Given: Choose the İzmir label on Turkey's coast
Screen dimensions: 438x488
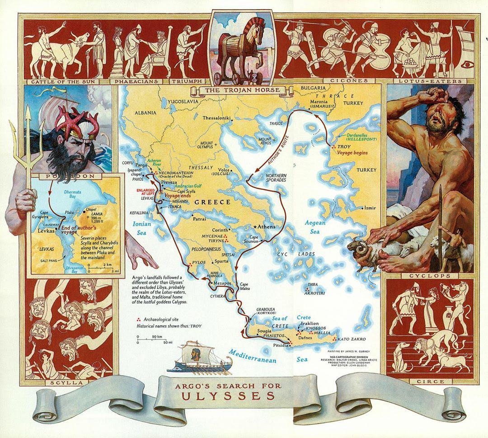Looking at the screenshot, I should point(371,208).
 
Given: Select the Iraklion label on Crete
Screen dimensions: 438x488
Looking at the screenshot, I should point(309,324).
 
